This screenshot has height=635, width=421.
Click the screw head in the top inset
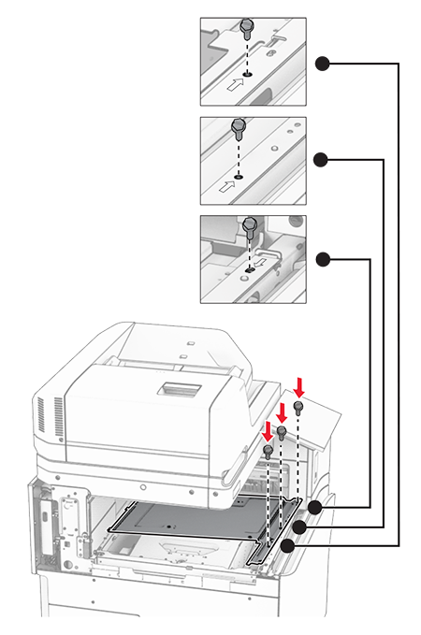(248, 25)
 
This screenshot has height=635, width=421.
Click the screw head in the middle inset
(238, 124)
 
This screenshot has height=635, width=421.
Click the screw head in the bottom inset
(250, 224)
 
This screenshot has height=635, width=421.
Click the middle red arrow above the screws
(283, 408)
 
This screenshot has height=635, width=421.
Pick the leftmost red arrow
(268, 429)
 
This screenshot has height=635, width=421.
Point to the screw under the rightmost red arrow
(298, 408)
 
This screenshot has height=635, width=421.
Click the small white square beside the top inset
(314, 63)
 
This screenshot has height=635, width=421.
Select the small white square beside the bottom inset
(314, 259)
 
